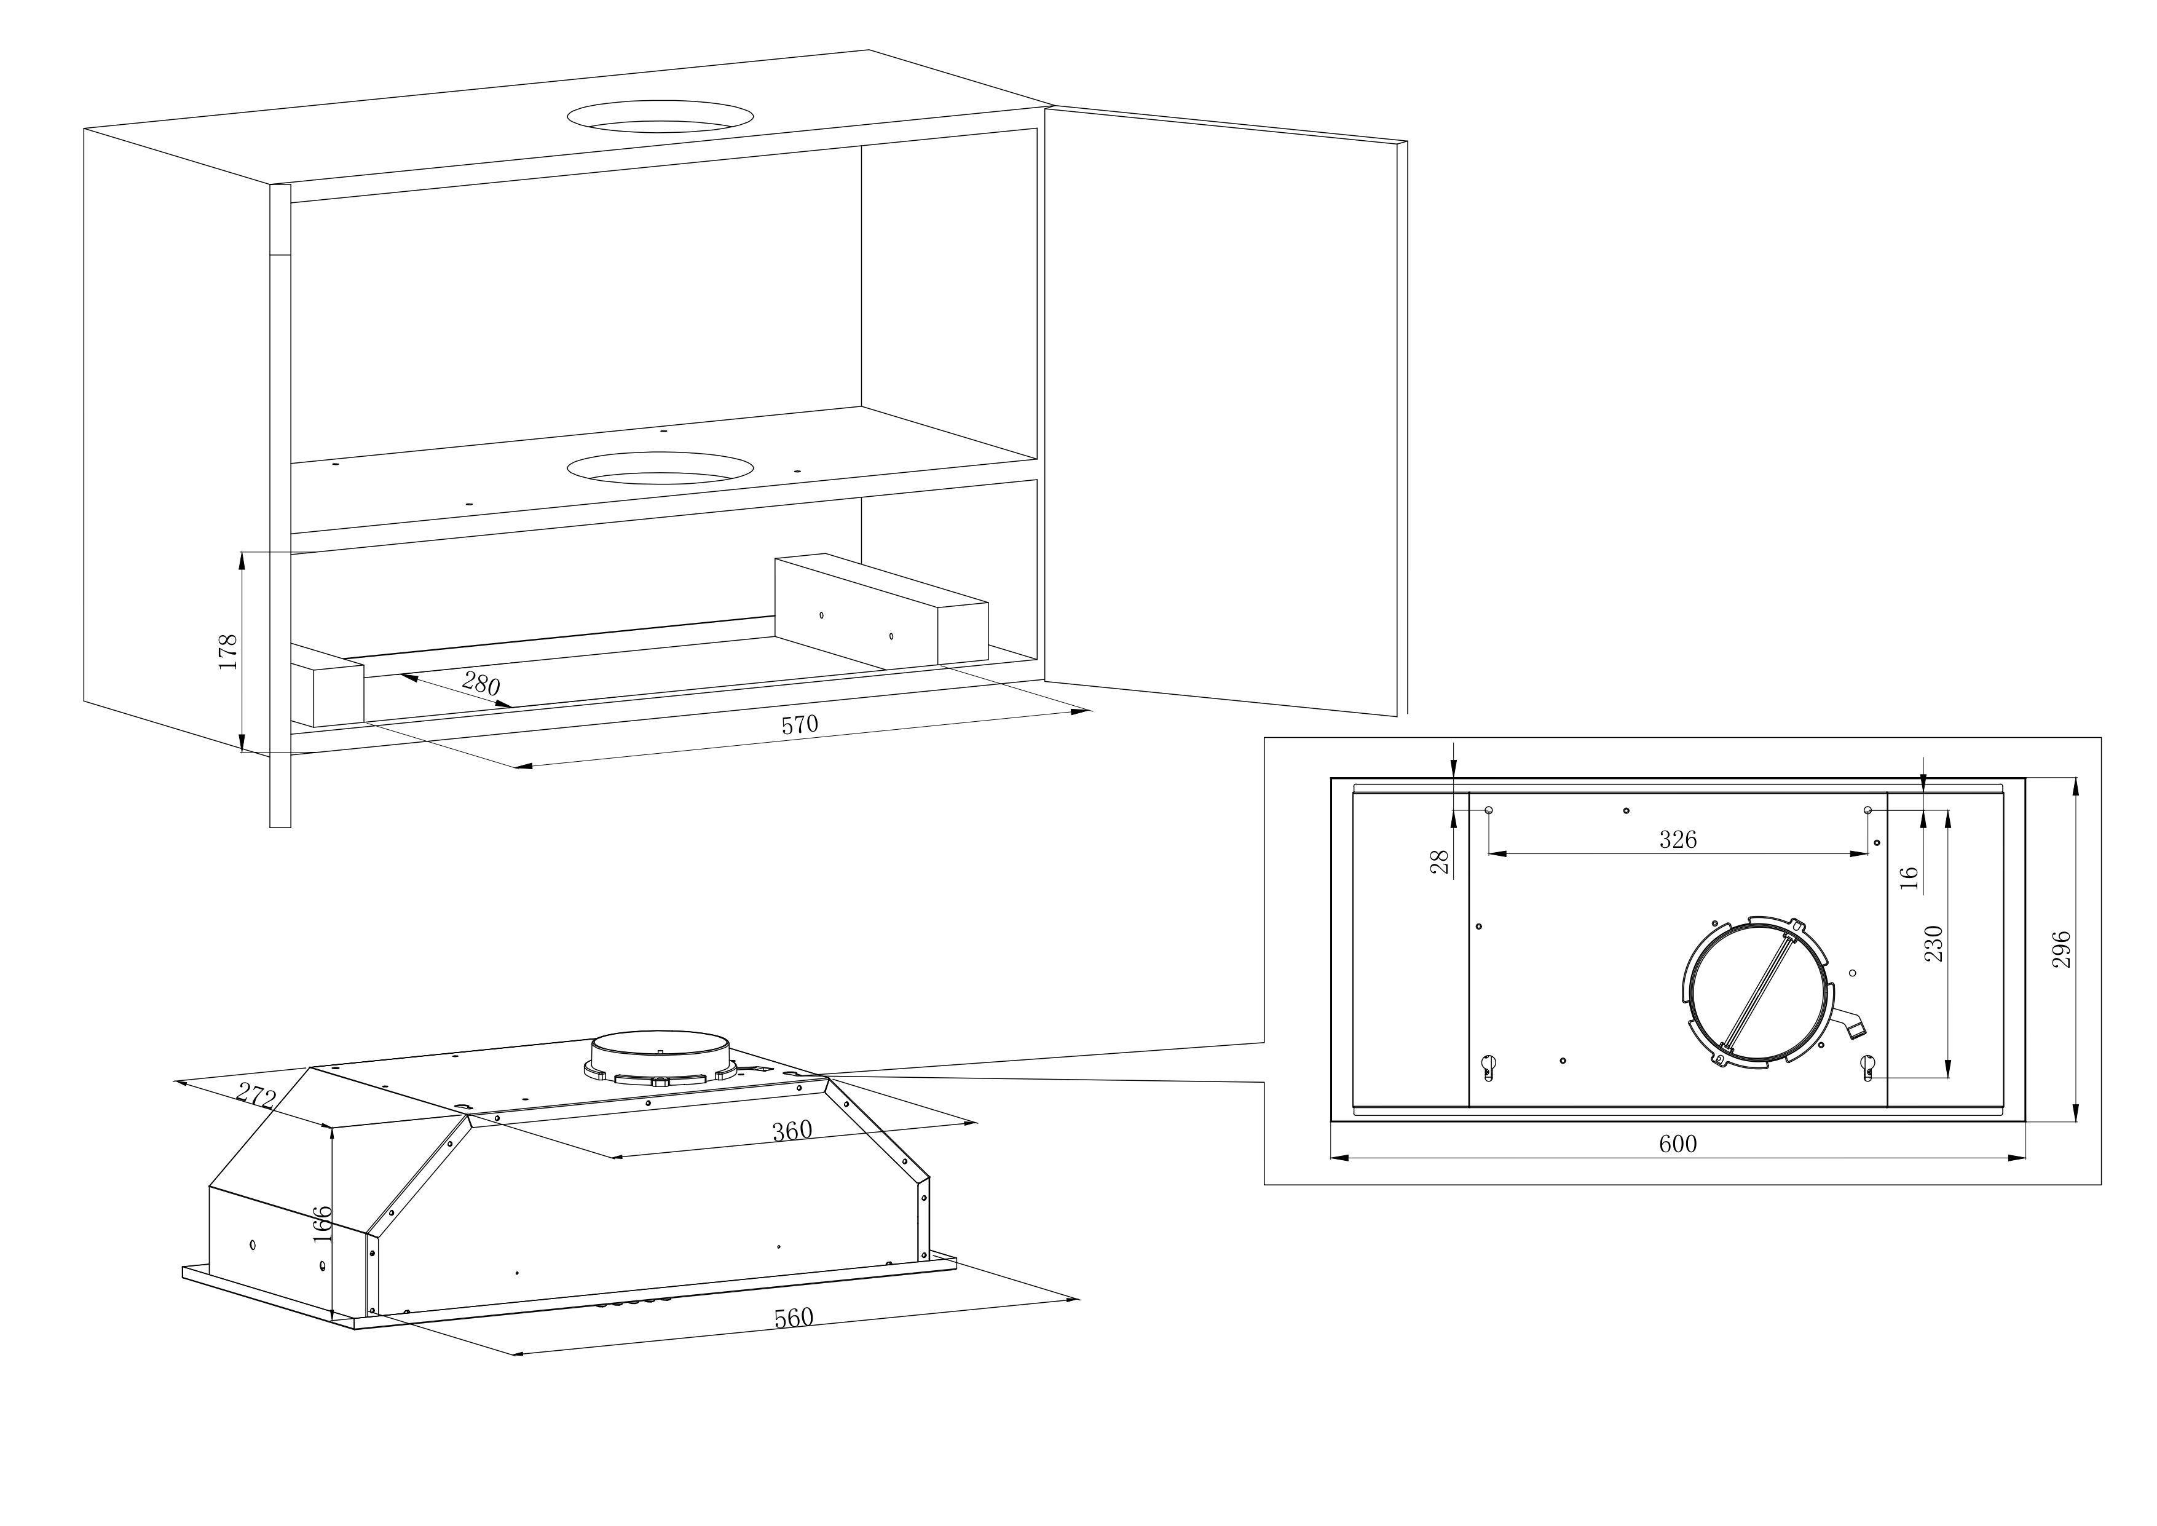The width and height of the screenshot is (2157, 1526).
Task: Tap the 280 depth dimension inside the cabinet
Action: pyautogui.click(x=481, y=683)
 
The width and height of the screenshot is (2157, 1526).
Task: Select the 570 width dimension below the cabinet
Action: pyautogui.click(x=800, y=724)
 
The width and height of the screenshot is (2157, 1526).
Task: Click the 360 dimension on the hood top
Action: pyautogui.click(x=792, y=1131)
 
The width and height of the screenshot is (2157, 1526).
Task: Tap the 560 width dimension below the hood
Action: pyautogui.click(x=794, y=1318)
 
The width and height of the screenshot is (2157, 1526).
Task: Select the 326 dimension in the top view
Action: pyautogui.click(x=1678, y=839)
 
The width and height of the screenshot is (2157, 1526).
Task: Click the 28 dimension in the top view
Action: pyautogui.click(x=1439, y=861)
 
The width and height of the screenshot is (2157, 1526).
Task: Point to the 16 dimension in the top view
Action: pyautogui.click(x=1908, y=877)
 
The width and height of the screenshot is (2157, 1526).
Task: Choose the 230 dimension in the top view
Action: pyautogui.click(x=1933, y=943)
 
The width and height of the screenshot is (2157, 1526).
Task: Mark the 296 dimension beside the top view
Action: pyautogui.click(x=2060, y=950)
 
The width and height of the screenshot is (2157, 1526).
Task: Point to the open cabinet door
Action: pyautogui.click(x=1226, y=411)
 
